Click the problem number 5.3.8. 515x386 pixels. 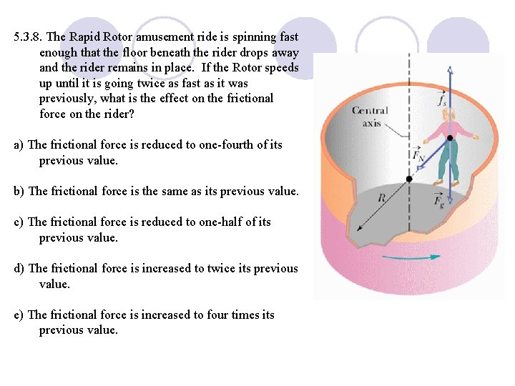click(x=28, y=37)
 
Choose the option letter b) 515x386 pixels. click(x=20, y=192)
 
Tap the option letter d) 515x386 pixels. click(x=20, y=269)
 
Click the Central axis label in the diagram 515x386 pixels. click(x=370, y=117)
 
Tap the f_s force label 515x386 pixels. click(x=443, y=101)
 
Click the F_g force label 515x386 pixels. click(x=438, y=200)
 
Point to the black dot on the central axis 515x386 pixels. click(x=408, y=178)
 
